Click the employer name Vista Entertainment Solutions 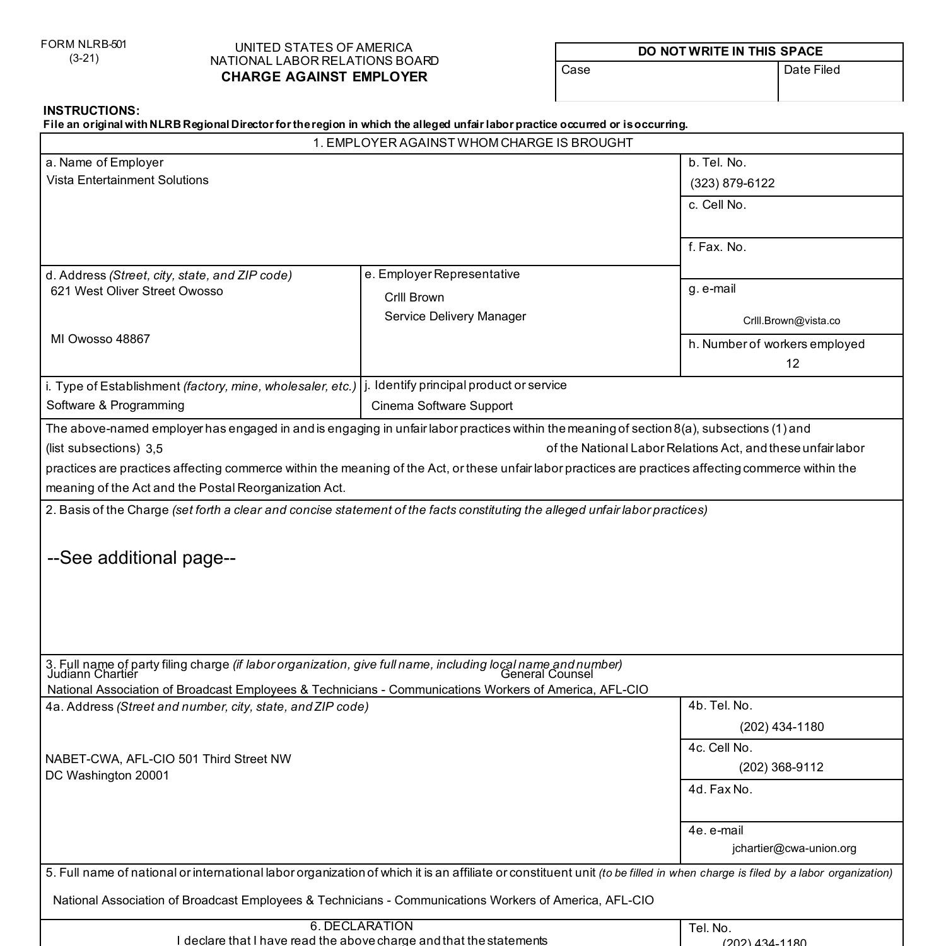(127, 180)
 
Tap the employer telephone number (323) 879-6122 (732, 184)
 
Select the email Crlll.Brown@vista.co (791, 321)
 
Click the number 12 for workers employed (792, 364)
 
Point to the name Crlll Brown (414, 298)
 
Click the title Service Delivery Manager (455, 317)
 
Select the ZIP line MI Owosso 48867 (100, 339)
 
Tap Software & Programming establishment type (115, 406)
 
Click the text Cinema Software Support (441, 406)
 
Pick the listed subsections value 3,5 (154, 449)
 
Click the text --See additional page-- (141, 558)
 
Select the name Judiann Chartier (92, 674)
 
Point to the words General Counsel (546, 674)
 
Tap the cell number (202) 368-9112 (781, 768)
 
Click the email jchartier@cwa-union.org (793, 849)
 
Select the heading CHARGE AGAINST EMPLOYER (324, 77)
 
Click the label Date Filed (811, 70)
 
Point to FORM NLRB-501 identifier (83, 45)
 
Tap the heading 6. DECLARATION (361, 926)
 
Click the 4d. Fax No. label (720, 790)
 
